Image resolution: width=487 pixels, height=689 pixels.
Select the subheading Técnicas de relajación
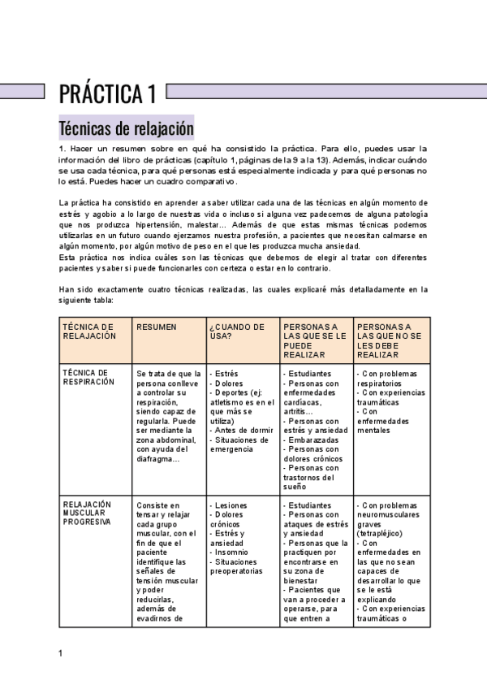pos(126,128)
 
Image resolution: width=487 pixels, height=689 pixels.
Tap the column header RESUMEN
pos(157,327)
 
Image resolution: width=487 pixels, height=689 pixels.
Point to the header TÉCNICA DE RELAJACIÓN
pos(89,331)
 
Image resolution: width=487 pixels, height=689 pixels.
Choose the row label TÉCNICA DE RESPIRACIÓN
pos(88,377)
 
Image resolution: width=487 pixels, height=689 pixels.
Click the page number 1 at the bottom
pos(61,653)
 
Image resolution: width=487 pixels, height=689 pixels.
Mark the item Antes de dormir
pos(242,431)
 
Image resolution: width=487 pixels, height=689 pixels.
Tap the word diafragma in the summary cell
pos(157,459)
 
